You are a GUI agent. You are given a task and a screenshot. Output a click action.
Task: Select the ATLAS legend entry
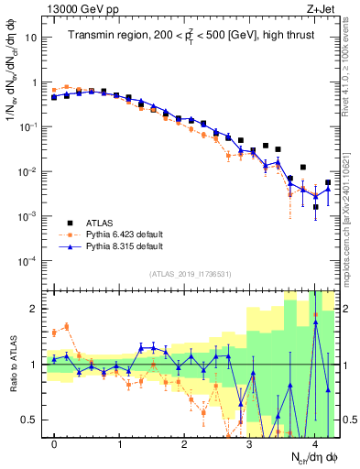click(x=103, y=223)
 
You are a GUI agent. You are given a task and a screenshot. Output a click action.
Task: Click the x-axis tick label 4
click(x=314, y=444)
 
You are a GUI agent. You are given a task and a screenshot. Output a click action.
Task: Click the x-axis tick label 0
click(x=55, y=444)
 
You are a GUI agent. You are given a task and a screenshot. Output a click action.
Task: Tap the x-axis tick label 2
click(x=184, y=444)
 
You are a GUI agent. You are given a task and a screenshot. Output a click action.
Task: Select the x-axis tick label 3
click(x=249, y=444)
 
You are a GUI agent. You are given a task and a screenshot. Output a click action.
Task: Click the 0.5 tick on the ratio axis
click(x=31, y=420)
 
